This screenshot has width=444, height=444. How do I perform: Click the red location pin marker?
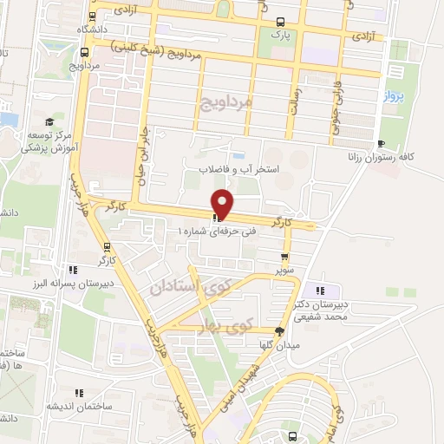[224, 203]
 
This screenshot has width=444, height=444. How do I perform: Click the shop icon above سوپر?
[284, 257]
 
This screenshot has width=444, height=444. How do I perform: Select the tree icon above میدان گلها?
[279, 331]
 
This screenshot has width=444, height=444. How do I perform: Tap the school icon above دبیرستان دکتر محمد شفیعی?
[321, 291]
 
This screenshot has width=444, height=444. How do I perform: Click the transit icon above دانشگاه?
[93, 16]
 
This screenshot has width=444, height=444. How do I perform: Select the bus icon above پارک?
[278, 23]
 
